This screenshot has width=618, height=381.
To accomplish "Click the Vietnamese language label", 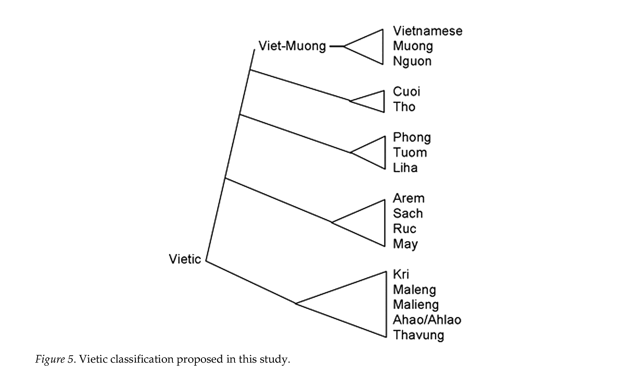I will (x=428, y=31).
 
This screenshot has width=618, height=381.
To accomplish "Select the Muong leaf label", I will (x=413, y=46).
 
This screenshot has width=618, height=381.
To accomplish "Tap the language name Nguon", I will (x=412, y=61).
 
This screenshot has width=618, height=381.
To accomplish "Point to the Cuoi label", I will (x=407, y=92).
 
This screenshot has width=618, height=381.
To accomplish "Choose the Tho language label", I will (x=404, y=107).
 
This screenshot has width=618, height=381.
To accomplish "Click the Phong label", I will (x=412, y=137).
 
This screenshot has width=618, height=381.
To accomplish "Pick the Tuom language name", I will (x=410, y=153).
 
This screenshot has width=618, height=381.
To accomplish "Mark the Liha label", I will (x=405, y=168).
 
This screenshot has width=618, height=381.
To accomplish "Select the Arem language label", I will (x=409, y=198).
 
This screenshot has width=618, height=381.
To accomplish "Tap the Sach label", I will (x=408, y=213).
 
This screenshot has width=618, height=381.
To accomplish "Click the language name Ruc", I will (x=405, y=229).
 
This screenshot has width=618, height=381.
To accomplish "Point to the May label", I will (x=405, y=244).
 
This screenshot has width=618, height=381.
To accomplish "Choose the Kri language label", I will (x=401, y=274).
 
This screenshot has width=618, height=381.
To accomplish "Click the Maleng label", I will (x=415, y=290).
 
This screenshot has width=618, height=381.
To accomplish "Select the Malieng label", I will (x=416, y=305).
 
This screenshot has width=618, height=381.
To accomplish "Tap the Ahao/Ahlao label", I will (x=427, y=320).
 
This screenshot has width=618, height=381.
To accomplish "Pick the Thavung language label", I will (x=418, y=335).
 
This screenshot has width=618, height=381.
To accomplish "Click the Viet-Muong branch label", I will (x=292, y=46).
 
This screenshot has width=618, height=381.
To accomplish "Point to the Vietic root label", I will (x=185, y=259).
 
